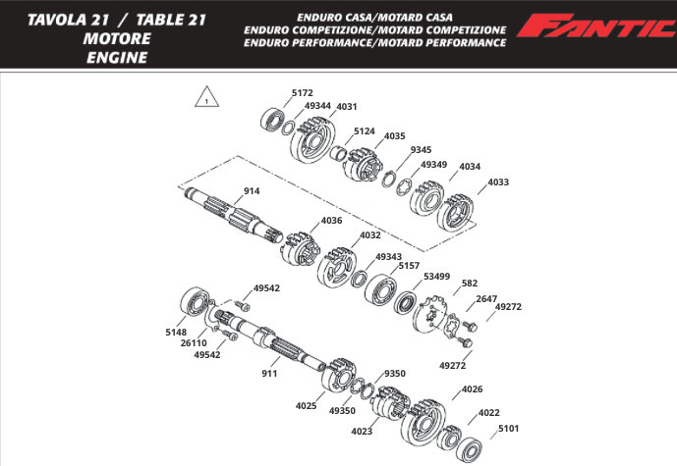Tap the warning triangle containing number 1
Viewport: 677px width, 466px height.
pyautogui.click(x=205, y=97)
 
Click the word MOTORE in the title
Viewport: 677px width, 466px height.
pyautogui.click(x=117, y=39)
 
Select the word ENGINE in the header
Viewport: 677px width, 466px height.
pyautogui.click(x=117, y=58)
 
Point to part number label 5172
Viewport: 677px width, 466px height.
pyautogui.click(x=303, y=93)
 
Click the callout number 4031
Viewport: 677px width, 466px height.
pyautogui.click(x=347, y=106)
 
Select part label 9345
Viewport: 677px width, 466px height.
pyautogui.click(x=421, y=150)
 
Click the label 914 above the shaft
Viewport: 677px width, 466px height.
pyautogui.click(x=252, y=191)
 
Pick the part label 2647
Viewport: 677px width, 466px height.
pyautogui.click(x=486, y=298)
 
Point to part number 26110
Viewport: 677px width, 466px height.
pyautogui.click(x=194, y=342)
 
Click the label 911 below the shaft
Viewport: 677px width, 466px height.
pyautogui.click(x=269, y=374)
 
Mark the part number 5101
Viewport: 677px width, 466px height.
pyautogui.click(x=508, y=428)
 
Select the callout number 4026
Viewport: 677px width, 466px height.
pyautogui.click(x=472, y=389)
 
